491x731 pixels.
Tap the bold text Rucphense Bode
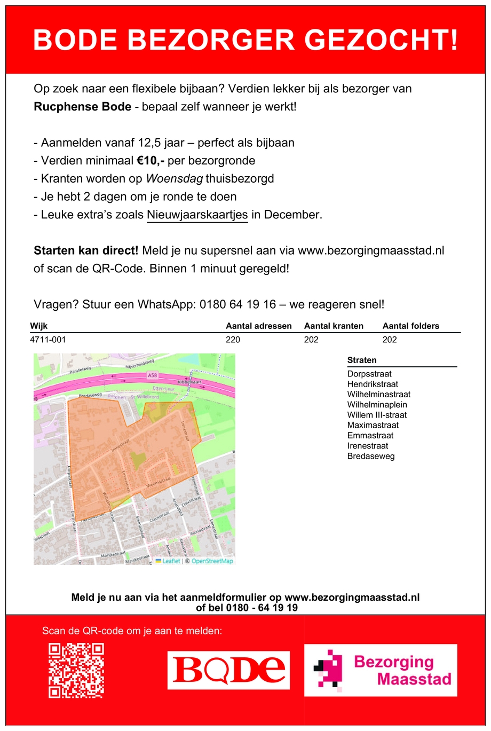pyautogui.click(x=82, y=107)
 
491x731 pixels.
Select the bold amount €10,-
pyautogui.click(x=151, y=161)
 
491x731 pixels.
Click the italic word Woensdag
pyautogui.click(x=175, y=179)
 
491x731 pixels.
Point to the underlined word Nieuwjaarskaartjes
pyautogui.click(x=197, y=215)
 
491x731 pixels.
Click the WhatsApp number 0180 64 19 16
pyautogui.click(x=237, y=304)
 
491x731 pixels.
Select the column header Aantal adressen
pyautogui.click(x=259, y=326)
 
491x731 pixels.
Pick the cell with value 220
pyautogui.click(x=233, y=340)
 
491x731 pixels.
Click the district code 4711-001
pyautogui.click(x=48, y=340)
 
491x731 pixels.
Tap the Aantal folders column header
pyautogui.click(x=411, y=326)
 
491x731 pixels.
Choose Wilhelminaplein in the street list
pyautogui.click(x=377, y=405)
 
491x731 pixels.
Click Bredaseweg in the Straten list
pyautogui.click(x=371, y=456)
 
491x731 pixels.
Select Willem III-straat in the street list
pyautogui.click(x=377, y=415)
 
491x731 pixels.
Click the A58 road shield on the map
pyautogui.click(x=152, y=376)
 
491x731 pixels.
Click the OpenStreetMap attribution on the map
pyautogui.click(x=212, y=561)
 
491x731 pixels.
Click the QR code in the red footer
pyautogui.click(x=76, y=670)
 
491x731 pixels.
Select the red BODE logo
pyautogui.click(x=228, y=670)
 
